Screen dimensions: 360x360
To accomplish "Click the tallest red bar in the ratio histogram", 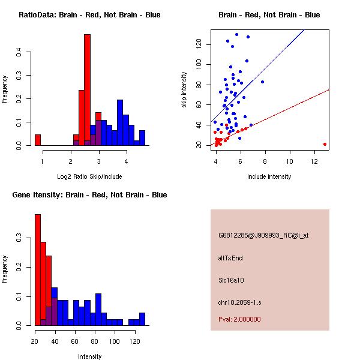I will coord(87,90).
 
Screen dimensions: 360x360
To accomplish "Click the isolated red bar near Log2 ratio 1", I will coord(38,140).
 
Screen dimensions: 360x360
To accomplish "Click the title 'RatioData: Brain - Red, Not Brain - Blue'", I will coord(89,15).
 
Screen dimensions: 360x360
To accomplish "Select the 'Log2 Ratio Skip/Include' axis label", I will coord(89,176).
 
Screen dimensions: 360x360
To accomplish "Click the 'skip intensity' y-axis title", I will coord(184,90).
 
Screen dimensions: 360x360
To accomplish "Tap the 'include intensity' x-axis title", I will coord(269,176).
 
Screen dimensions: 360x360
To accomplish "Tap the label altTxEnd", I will coord(230,258).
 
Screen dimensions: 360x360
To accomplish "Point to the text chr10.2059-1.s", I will coord(239,301).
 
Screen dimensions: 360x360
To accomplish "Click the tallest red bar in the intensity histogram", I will coord(38,270).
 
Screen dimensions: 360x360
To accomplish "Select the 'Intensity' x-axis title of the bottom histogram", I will coord(89,356).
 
